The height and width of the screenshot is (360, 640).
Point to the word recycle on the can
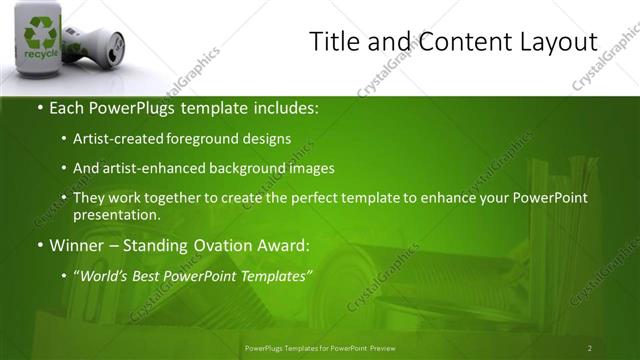click(41, 54)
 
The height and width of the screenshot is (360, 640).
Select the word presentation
click(116, 214)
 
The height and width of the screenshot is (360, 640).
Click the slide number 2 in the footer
click(589, 347)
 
